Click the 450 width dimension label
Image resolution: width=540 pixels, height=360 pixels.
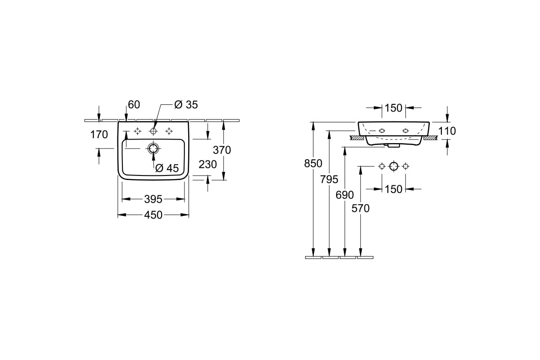coord(153,215)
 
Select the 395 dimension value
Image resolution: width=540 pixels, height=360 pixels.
coord(153,199)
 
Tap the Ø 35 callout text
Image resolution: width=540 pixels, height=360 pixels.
coord(186,105)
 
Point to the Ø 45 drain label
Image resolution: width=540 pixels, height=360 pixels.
coord(167,168)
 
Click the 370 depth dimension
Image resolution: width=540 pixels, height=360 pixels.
coord(222,150)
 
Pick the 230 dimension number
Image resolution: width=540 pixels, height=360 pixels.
coord(207,164)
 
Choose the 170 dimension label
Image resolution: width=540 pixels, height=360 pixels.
coord(99,135)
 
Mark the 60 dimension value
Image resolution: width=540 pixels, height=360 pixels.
coord(134,105)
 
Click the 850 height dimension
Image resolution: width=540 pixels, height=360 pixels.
coord(313,163)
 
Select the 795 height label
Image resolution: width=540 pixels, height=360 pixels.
coord(329,179)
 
